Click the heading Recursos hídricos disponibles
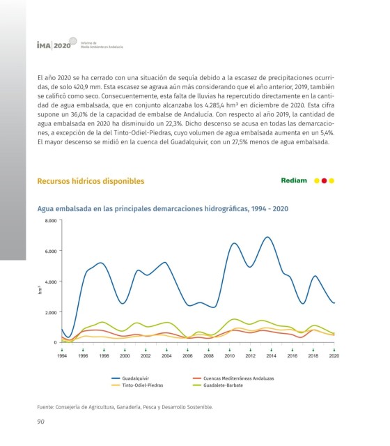(x=91, y=181)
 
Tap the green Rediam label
(x=294, y=180)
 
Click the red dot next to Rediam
(x=324, y=180)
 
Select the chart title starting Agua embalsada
(x=162, y=209)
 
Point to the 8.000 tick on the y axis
(x=51, y=220)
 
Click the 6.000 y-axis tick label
(x=51, y=251)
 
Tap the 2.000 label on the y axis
(x=51, y=312)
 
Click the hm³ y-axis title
(x=40, y=290)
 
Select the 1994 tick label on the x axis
(x=62, y=356)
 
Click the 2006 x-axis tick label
(x=187, y=356)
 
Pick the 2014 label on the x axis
(x=271, y=356)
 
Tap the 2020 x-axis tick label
(x=334, y=356)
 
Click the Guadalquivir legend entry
(x=130, y=378)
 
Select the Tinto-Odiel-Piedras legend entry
(x=138, y=385)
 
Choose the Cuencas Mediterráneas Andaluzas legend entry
(x=233, y=378)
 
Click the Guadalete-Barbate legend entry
(x=218, y=385)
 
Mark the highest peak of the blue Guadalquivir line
(x=267, y=237)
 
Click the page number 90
(x=40, y=422)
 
